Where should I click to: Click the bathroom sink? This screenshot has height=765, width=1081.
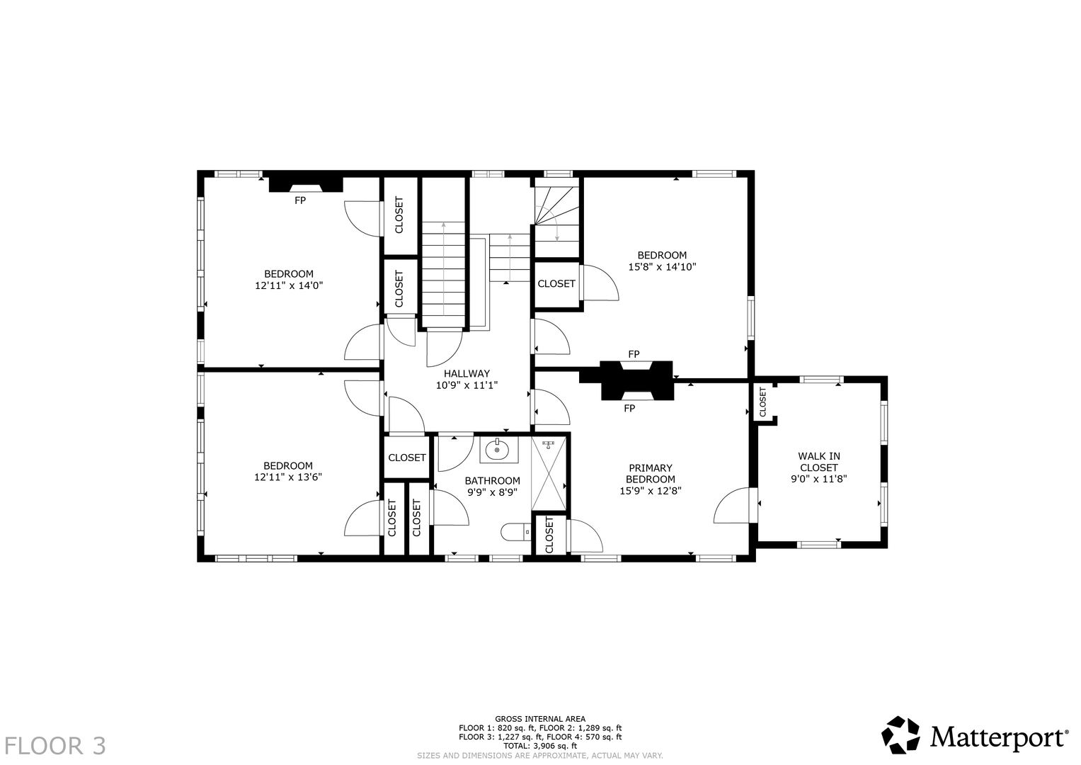point(498,450)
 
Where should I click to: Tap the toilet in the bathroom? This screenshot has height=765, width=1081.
point(516,533)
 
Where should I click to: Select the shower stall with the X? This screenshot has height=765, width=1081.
point(549,473)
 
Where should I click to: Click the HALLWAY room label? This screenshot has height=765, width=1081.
point(467,373)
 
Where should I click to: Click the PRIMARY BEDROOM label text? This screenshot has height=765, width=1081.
point(651,474)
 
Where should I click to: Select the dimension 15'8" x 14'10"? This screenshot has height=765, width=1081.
point(662,266)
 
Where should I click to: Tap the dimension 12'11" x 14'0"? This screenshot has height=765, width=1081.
point(289,285)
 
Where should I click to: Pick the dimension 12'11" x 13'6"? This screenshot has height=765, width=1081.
point(288,477)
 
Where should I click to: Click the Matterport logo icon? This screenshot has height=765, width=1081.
point(900,735)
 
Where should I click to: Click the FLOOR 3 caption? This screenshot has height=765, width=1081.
point(55,746)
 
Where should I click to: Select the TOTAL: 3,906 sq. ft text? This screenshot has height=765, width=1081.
point(540,746)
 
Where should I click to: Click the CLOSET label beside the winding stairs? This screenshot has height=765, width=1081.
point(556,284)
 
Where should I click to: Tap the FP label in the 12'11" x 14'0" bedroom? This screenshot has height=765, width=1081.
point(300,200)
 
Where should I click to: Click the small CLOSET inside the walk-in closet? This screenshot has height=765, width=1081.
point(762,402)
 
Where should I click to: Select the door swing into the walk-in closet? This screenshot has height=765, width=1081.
point(731,505)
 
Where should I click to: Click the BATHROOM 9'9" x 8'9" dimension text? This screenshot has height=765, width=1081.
point(492,492)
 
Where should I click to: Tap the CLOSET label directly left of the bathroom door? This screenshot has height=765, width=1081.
point(417,518)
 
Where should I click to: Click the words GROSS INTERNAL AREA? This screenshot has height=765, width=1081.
point(540,719)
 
